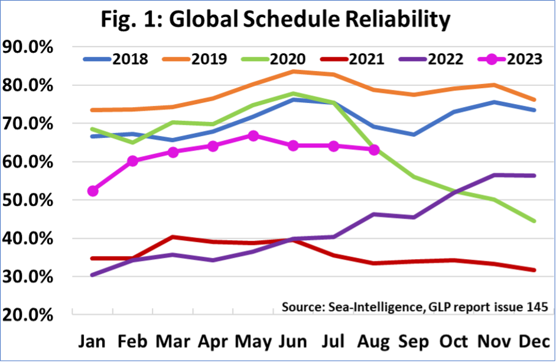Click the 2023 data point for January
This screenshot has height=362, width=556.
(x=93, y=191)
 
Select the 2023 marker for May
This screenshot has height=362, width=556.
(x=253, y=136)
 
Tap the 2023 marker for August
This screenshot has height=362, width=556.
(x=373, y=150)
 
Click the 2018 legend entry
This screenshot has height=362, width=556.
(x=116, y=59)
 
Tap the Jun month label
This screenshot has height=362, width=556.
(x=294, y=341)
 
